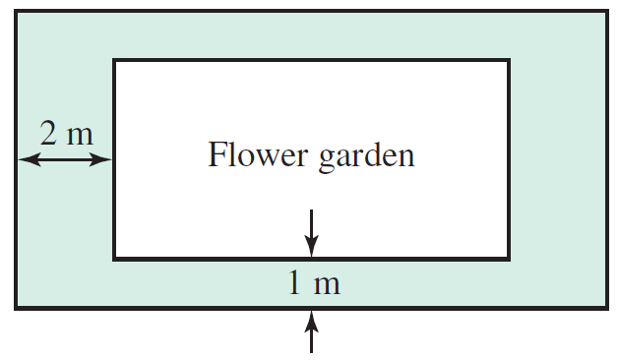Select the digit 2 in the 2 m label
point(48,133)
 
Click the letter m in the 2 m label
point(79,135)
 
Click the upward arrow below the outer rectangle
point(312,329)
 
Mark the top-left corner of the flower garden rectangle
point(115,61)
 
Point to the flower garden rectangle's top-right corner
point(509,61)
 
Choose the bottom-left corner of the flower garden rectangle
point(115,259)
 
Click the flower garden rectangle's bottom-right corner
point(509,259)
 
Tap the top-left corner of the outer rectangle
point(16,12)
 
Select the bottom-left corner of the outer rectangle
point(16,307)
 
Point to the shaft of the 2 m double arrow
point(66,159)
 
